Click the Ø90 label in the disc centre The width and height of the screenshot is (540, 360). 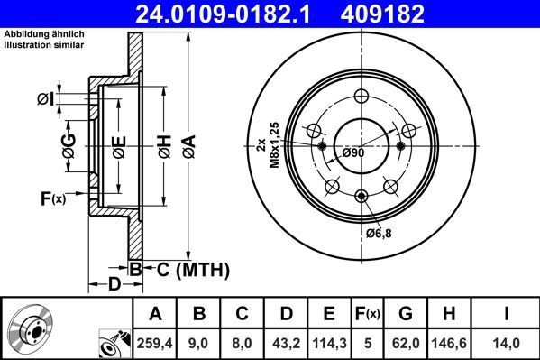point(353,153)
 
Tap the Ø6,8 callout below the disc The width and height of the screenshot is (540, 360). point(380,233)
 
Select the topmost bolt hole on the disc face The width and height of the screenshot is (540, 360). point(362,97)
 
